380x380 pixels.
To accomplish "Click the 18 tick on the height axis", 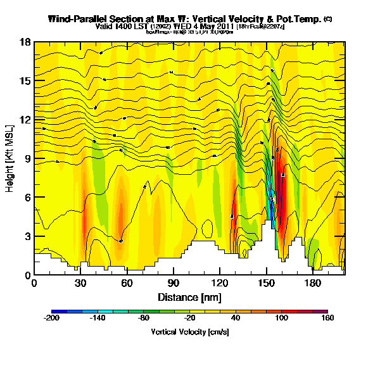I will (25, 42).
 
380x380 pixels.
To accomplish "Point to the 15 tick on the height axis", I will (25, 80).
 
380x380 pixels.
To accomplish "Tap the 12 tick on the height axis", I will (25, 120).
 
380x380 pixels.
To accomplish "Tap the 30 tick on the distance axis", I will (80, 282).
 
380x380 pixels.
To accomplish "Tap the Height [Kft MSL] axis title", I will (10, 158).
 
